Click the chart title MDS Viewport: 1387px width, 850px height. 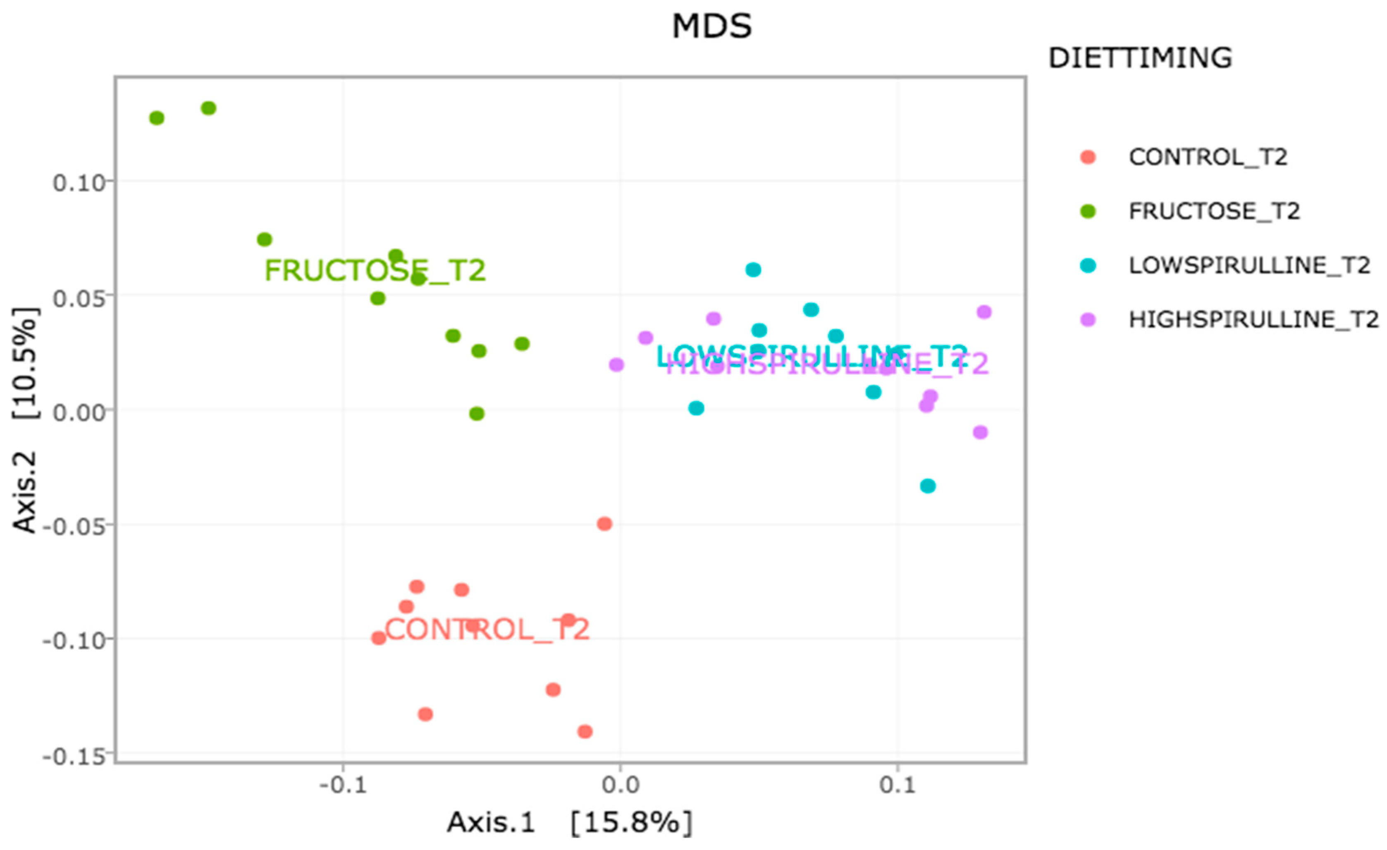[x=711, y=26]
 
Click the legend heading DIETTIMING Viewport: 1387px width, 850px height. [x=1140, y=58]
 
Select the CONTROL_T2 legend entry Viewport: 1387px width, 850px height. [x=1208, y=157]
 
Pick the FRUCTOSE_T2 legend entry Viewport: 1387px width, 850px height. [x=1214, y=211]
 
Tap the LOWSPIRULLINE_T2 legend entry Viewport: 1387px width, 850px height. [x=1249, y=265]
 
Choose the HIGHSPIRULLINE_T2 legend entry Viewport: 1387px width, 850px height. [x=1253, y=319]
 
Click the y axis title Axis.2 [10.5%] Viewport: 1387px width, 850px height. [x=25, y=420]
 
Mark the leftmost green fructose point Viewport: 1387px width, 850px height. [x=157, y=118]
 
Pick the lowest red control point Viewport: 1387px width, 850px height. [x=585, y=732]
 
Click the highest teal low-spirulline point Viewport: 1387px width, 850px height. [x=753, y=270]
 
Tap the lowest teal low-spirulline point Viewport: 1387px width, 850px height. [x=928, y=486]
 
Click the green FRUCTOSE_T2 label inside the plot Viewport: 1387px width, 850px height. [x=375, y=271]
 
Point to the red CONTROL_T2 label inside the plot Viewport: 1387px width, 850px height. [x=487, y=629]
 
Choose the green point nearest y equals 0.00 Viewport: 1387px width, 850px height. [x=477, y=414]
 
